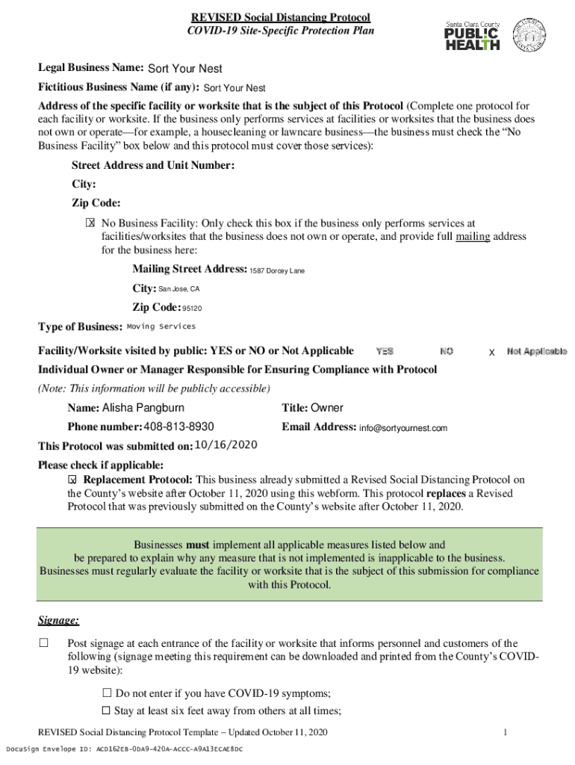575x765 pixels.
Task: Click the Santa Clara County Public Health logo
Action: tap(473, 35)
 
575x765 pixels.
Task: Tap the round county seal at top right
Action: tap(531, 34)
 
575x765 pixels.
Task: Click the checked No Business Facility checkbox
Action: tap(90, 223)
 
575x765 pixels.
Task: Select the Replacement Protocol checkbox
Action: tap(72, 480)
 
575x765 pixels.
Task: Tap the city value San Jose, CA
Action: tap(179, 288)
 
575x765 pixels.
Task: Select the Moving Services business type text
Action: tap(161, 326)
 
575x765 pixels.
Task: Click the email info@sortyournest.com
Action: tap(403, 428)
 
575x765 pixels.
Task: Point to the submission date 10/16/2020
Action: tap(226, 445)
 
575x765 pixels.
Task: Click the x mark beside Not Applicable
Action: tap(491, 352)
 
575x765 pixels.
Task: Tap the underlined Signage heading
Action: tap(59, 621)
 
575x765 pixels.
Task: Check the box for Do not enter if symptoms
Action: tap(106, 693)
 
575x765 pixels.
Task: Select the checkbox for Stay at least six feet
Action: tap(106, 710)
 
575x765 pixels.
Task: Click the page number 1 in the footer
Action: tap(506, 732)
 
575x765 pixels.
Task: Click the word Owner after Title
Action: tap(327, 408)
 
